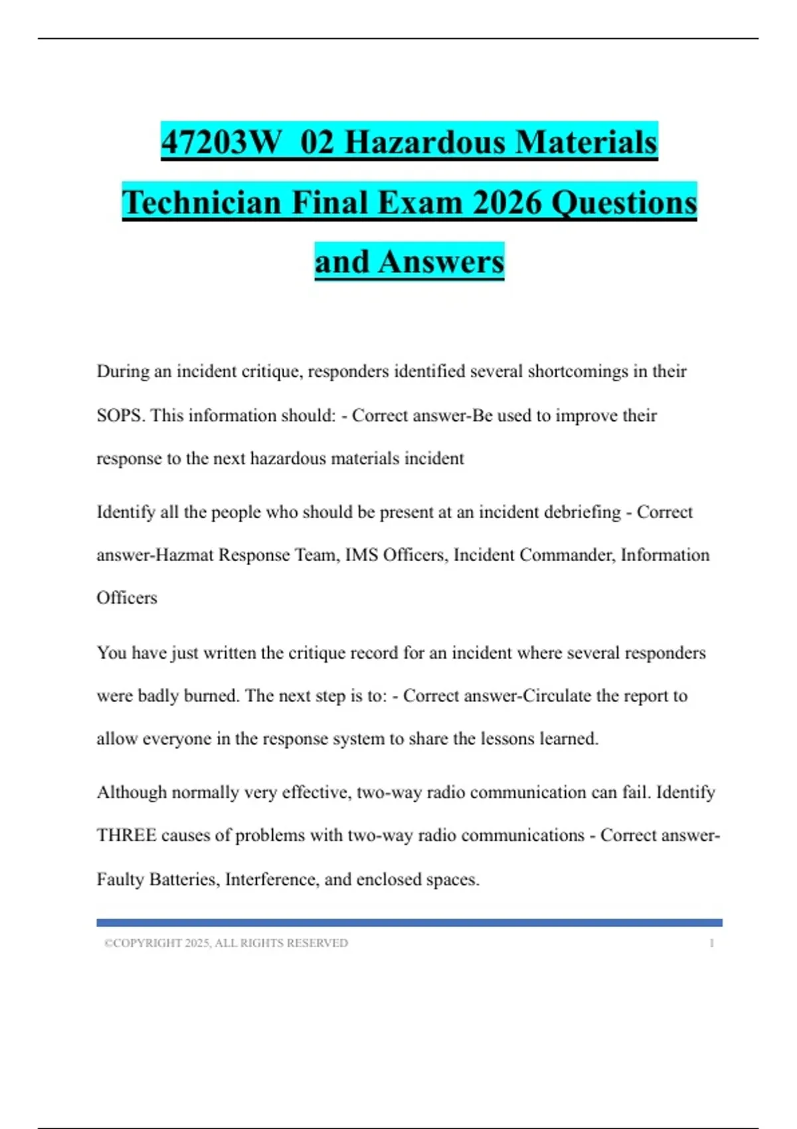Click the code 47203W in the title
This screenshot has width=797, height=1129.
click(221, 142)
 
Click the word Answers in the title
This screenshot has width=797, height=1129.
click(441, 261)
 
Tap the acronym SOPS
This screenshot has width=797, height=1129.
click(120, 415)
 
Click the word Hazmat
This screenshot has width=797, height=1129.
click(184, 555)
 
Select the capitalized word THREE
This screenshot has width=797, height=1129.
click(127, 835)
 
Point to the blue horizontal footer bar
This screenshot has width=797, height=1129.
click(409, 922)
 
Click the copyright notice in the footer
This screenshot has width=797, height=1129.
click(226, 943)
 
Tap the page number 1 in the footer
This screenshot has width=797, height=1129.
click(711, 943)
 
